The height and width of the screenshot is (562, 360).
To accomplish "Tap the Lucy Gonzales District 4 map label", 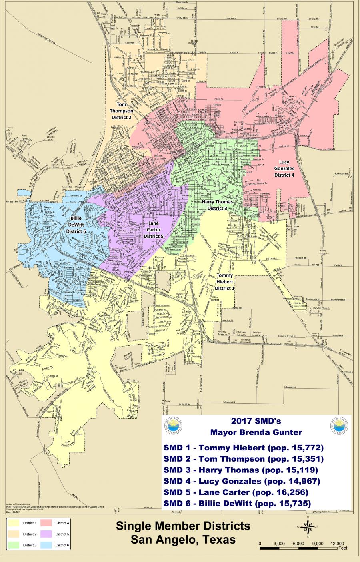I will (284, 168).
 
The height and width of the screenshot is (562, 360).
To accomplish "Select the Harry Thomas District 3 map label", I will (217, 205).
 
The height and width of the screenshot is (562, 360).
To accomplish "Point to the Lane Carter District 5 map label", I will (154, 230).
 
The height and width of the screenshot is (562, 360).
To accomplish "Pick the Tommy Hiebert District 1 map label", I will (224, 282).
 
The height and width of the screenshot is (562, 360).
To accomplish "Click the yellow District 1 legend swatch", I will (15, 523).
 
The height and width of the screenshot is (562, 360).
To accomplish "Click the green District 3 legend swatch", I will (15, 545).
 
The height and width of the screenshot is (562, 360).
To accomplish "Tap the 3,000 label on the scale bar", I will (279, 543).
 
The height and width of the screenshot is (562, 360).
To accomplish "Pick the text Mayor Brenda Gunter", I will (256, 432).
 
